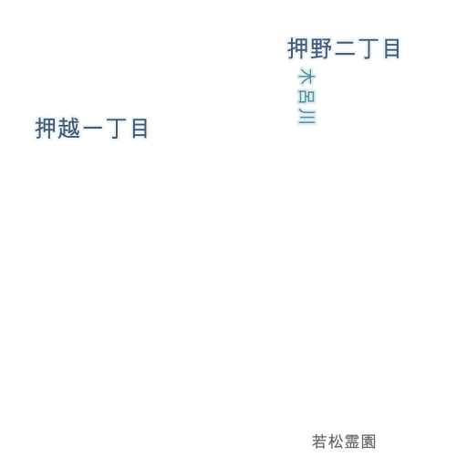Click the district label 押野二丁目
point(344,48)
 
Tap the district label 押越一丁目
point(91,129)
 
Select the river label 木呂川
point(306,96)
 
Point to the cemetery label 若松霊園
point(344,441)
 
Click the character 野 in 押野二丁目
point(321,48)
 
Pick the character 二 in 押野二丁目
point(345,48)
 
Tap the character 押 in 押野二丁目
point(298,48)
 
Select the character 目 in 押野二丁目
point(391,48)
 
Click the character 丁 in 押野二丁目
point(368,48)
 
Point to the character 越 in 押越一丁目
point(68,129)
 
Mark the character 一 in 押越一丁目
point(92,129)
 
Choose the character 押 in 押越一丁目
point(46,129)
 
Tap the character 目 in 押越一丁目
point(140,129)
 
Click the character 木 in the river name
point(306,76)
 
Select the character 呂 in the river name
point(306,96)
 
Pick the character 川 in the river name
point(306,116)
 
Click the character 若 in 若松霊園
point(319,441)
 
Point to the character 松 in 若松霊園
point(336,441)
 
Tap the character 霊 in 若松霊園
point(352,441)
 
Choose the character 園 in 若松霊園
point(368,441)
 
